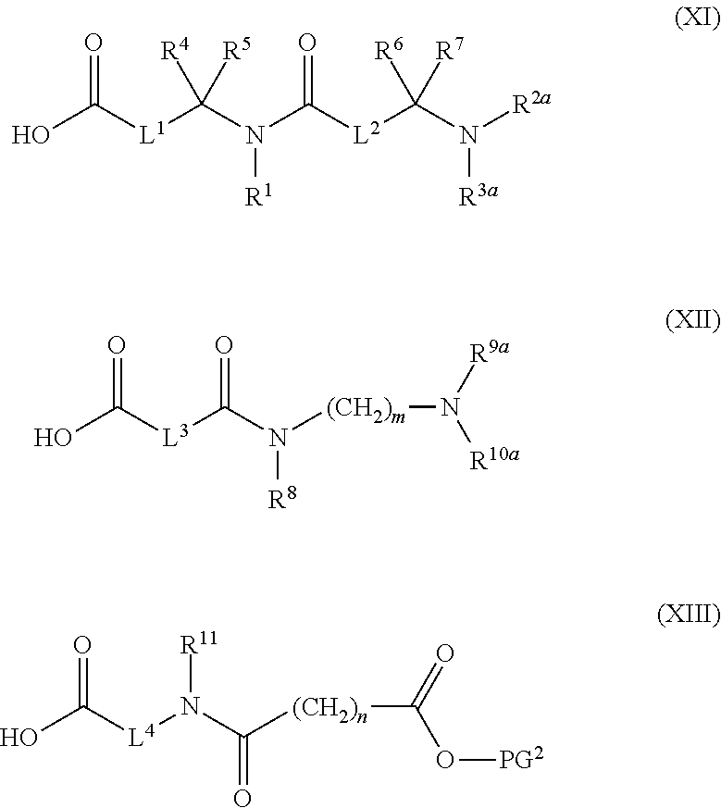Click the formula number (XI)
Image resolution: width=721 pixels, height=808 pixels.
coord(691,19)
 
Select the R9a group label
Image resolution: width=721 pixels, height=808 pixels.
coord(489,353)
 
